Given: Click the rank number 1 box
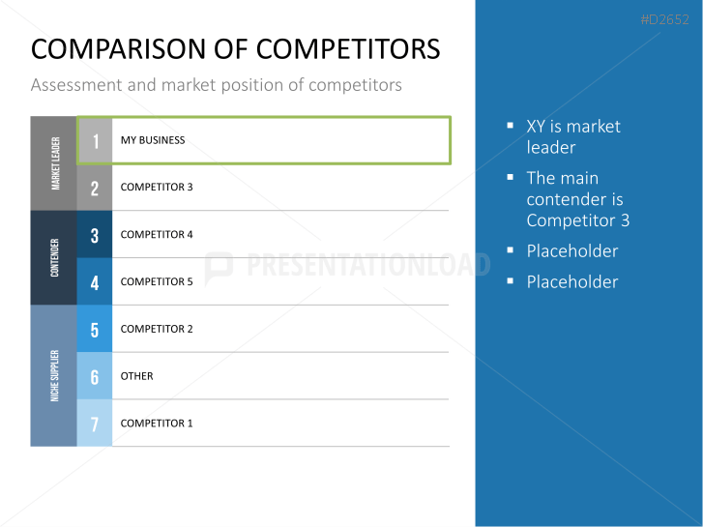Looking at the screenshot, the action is [95, 140].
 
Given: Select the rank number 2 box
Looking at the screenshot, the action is [95, 188].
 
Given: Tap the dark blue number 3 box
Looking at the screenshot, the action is [95, 234].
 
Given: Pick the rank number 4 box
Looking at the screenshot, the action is [95, 281].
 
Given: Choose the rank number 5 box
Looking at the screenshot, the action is [95, 329].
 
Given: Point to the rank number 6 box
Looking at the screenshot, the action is [95, 376].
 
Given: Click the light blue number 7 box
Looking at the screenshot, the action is [95, 423].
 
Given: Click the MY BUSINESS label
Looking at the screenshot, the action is [153, 140].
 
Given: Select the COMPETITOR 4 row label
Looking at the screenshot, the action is [157, 235].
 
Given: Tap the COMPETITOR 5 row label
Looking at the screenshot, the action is [157, 281].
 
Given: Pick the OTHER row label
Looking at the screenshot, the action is [136, 376].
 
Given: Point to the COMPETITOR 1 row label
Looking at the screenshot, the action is [157, 423].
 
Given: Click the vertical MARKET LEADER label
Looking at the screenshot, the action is [55, 163].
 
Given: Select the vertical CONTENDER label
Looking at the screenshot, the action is [55, 257].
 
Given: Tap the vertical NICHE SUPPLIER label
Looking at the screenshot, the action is [55, 376].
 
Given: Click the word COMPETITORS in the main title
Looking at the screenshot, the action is [348, 49].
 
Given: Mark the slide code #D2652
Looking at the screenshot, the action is [664, 19].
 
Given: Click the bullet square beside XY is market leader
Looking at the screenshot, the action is [510, 126].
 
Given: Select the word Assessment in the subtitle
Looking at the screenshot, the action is [76, 85].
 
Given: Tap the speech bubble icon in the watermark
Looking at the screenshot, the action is [219, 267].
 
